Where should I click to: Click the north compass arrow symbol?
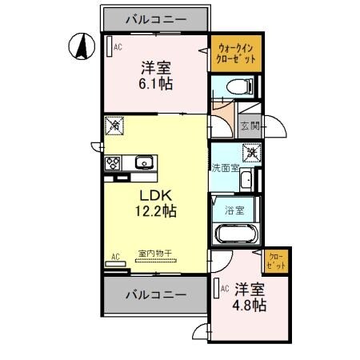click(x=80, y=46)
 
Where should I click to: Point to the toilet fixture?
click(x=246, y=86)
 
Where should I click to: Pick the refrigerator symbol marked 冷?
click(x=114, y=126)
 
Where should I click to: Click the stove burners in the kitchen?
click(x=112, y=163)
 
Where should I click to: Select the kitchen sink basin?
click(x=144, y=163)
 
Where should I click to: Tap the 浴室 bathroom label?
click(x=234, y=211)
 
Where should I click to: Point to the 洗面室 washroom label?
click(x=225, y=168)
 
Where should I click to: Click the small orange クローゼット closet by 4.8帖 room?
click(x=276, y=261)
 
